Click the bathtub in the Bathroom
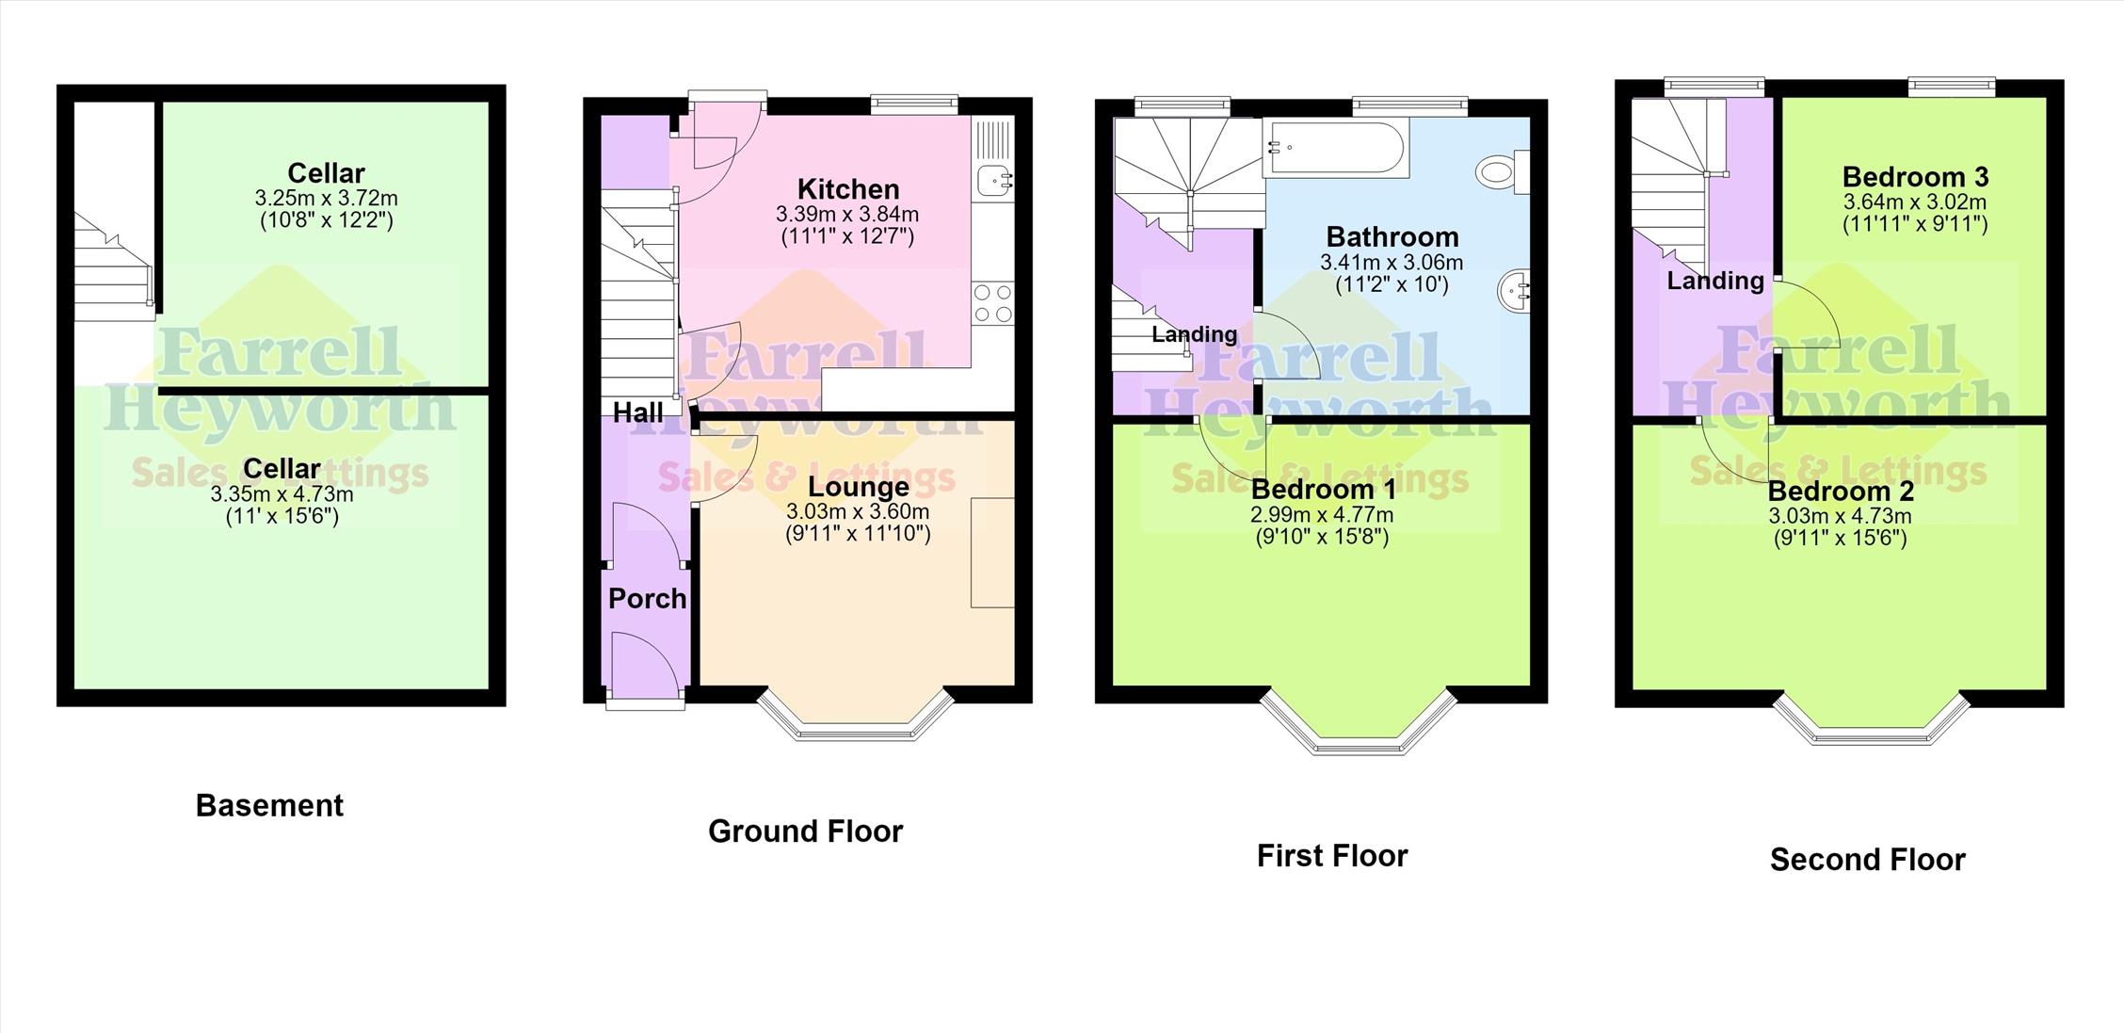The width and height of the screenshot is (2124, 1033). pyautogui.click(x=1334, y=147)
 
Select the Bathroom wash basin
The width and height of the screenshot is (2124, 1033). pyautogui.click(x=1514, y=290)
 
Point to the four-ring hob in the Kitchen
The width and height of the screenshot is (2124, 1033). pyautogui.click(x=993, y=302)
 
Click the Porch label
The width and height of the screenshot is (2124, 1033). pyautogui.click(x=648, y=598)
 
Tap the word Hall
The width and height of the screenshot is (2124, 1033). pyautogui.click(x=638, y=412)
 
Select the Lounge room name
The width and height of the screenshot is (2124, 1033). pyautogui.click(x=859, y=487)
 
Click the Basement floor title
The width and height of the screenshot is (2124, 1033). pyautogui.click(x=269, y=805)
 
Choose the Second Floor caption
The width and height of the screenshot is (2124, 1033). pyautogui.click(x=1868, y=859)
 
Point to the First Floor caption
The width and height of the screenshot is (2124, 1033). pyautogui.click(x=1332, y=855)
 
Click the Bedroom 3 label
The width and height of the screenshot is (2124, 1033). pyautogui.click(x=1916, y=176)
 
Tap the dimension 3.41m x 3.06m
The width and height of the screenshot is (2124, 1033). pyautogui.click(x=1392, y=263)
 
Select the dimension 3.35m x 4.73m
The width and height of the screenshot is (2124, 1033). pyautogui.click(x=282, y=494)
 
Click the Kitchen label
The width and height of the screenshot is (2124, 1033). pyautogui.click(x=848, y=188)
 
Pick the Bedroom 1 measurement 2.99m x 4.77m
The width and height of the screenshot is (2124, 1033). pyautogui.click(x=1322, y=515)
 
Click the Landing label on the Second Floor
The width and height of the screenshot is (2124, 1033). pyautogui.click(x=1715, y=280)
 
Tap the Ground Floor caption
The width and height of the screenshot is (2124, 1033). pyautogui.click(x=805, y=831)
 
